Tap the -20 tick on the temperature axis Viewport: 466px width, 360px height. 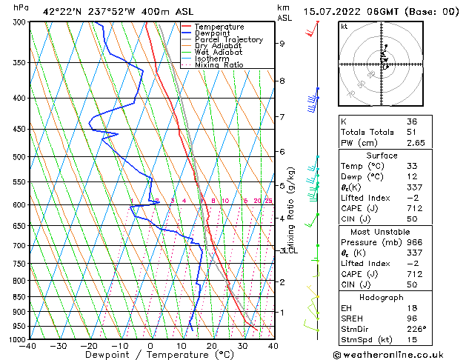(89, 346)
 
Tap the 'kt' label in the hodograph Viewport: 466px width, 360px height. (344, 27)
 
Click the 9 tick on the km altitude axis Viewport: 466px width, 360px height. (282, 44)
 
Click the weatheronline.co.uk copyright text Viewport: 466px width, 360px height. (398, 353)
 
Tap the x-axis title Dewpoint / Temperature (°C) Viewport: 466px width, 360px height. (150, 356)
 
